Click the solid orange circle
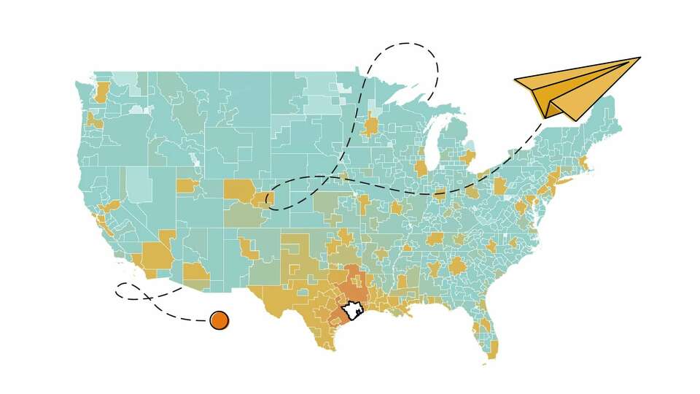coord(219,320)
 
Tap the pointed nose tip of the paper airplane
coord(639,58)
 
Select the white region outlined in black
coord(354,310)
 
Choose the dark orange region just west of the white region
coord(336,317)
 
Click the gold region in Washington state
coord(101,92)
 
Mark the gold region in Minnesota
coord(371,125)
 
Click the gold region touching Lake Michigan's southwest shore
coord(421,169)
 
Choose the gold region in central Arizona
coord(195,273)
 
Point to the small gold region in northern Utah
coord(187,185)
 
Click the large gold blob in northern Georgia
coord(456,266)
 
